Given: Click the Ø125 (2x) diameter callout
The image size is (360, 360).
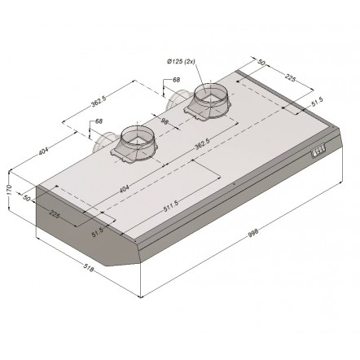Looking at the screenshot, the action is click(181, 62).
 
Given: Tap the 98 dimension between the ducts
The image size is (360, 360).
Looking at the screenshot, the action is click(165, 121).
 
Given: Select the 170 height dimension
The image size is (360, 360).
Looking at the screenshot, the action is click(9, 190).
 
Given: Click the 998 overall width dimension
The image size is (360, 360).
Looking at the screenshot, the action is click(253, 233).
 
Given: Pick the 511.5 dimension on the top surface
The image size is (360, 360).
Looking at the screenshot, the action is click(170, 206).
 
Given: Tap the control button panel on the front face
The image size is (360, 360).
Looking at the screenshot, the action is click(318, 150).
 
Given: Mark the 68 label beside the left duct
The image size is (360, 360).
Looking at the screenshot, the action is click(99, 121).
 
